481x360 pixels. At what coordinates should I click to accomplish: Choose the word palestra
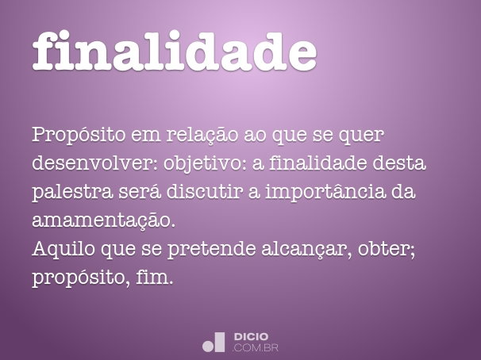(68, 191)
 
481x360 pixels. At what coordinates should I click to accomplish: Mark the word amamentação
(102, 220)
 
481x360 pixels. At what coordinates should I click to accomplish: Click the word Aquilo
(60, 248)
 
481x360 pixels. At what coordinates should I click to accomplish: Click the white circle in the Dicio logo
(209, 346)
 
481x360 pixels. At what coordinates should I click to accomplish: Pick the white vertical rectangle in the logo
(221, 342)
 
